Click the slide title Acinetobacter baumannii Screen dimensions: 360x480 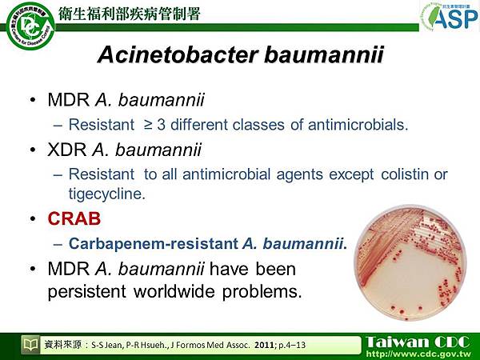tap(240, 56)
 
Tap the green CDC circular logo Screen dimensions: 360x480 tap(28, 26)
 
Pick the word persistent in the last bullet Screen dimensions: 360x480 tap(83, 291)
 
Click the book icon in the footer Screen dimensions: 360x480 tap(30, 345)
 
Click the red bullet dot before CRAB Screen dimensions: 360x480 tap(31, 218)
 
